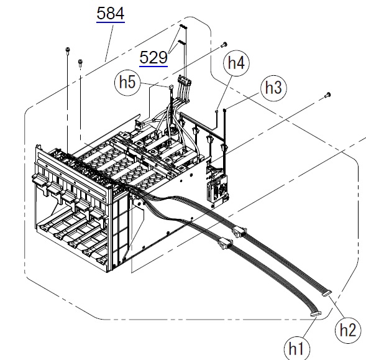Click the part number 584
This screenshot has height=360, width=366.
111,13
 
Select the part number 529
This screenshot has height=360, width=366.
153,57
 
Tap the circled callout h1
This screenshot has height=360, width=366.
296,349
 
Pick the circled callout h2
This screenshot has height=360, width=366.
347,330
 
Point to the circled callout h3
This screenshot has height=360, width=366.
273,88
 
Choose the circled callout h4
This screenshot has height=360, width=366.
236,63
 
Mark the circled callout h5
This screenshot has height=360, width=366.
127,83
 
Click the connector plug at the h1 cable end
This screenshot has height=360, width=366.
316,314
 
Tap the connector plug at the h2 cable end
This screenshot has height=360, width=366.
327,293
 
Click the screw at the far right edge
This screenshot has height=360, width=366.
327,95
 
